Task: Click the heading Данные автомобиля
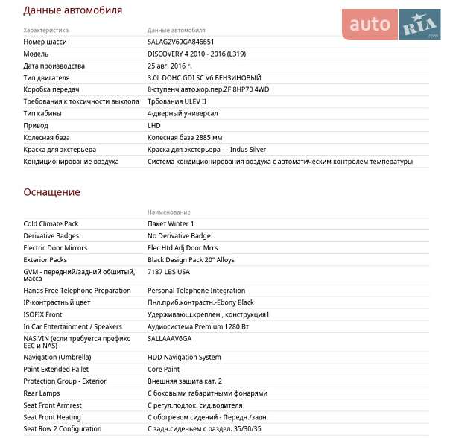click(73, 10)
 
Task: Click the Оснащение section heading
click(51, 192)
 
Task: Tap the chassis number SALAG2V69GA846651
click(180, 42)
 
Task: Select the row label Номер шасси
click(45, 42)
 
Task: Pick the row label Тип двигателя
click(46, 78)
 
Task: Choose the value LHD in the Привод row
click(154, 126)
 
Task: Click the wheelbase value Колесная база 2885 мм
click(185, 138)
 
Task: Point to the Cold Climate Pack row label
click(51, 223)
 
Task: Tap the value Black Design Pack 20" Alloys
click(191, 260)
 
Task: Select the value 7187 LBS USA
click(168, 272)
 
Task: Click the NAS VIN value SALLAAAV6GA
click(169, 338)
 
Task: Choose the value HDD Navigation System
click(184, 358)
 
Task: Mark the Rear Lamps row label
click(42, 393)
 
